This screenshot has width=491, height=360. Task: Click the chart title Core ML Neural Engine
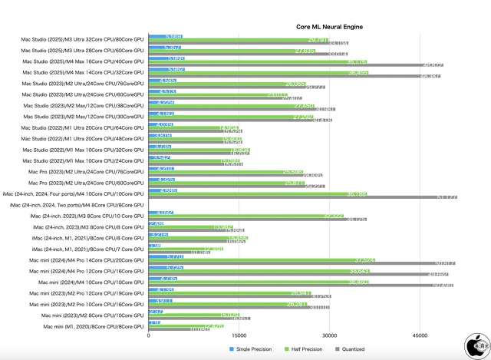pyautogui.click(x=330, y=27)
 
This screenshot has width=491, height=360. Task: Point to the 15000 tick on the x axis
pyautogui.click(x=239, y=335)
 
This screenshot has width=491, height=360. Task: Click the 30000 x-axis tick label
pyautogui.click(x=329, y=335)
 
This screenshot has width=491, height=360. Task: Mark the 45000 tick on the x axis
pyautogui.click(x=420, y=335)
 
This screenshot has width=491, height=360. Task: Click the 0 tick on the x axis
pyautogui.click(x=148, y=335)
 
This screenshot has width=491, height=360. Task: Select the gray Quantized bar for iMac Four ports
pyautogui.click(x=302, y=197)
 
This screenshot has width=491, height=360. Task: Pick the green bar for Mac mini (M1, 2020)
pyautogui.click(x=186, y=326)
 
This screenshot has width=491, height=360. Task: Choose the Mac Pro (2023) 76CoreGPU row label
pyautogui.click(x=84, y=172)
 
